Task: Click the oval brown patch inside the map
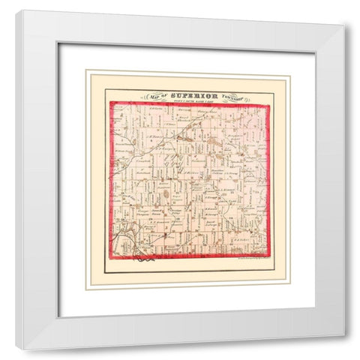(x=165, y=196)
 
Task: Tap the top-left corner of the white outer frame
(x=16, y=10)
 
